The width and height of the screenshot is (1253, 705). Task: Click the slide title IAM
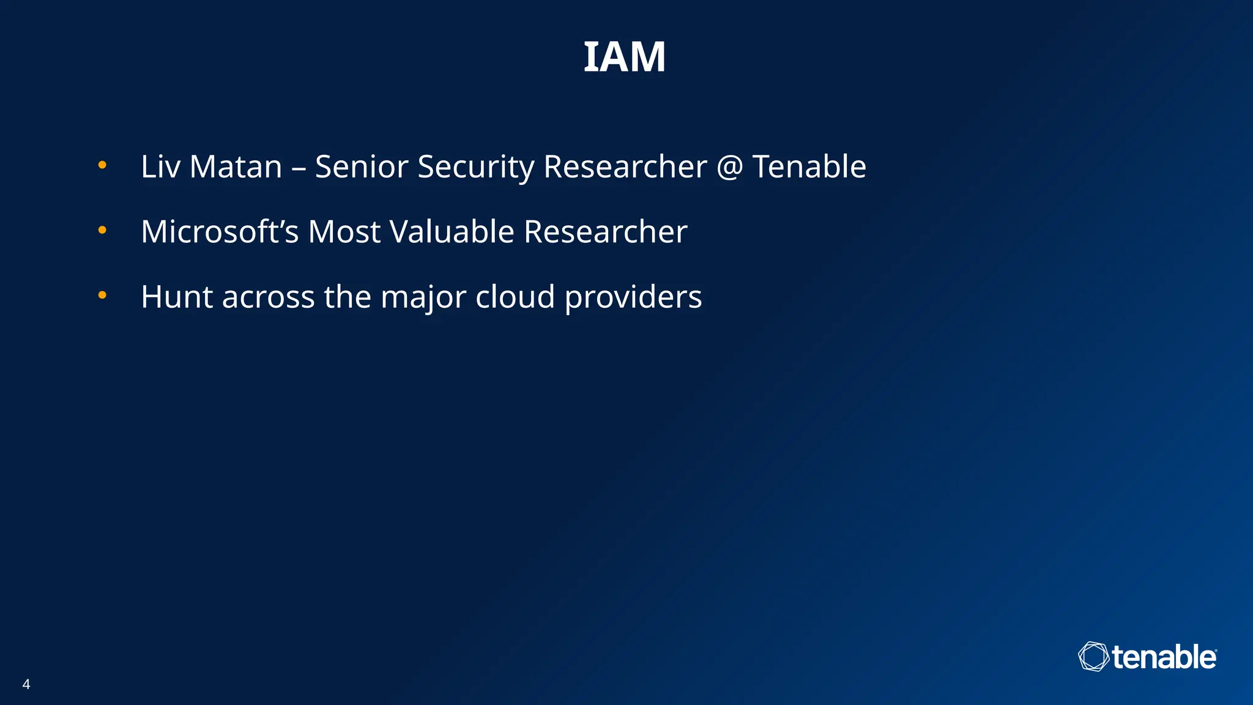624,58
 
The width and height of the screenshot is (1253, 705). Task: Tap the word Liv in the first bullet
160,166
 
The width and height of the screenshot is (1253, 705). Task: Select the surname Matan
236,166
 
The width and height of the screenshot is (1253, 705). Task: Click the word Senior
361,166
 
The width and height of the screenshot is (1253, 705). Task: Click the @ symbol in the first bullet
729,167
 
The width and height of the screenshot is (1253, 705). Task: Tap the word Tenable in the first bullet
809,166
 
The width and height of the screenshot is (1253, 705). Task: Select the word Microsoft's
220,232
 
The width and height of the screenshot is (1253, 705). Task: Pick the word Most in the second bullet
343,232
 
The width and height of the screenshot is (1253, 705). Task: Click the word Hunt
177,297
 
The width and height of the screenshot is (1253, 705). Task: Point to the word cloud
515,297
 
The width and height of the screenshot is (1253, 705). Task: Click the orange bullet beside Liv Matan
102,165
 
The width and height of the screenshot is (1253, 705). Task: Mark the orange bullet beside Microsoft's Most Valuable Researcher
102,231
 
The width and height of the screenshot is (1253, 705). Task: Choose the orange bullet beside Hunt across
102,296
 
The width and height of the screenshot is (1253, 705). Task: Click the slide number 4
26,684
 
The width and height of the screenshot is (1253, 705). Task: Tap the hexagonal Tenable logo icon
1093,657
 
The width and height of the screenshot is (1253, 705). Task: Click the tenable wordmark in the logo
1163,657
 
